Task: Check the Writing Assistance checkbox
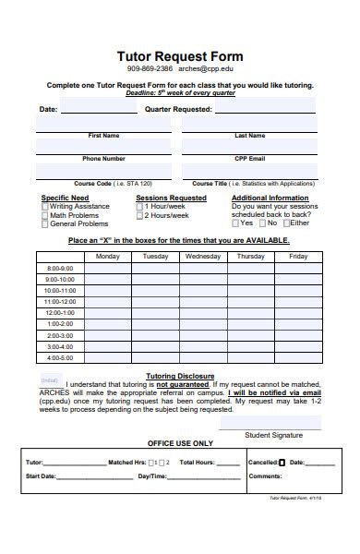point(45,207)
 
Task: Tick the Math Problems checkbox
point(45,215)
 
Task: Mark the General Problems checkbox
point(45,223)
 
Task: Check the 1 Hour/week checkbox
point(139,207)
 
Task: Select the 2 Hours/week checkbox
point(139,215)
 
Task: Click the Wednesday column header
point(203,256)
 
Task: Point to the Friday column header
point(297,256)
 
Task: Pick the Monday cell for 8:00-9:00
point(107,268)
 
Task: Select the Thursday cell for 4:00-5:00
point(250,357)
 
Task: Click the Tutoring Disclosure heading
point(181,376)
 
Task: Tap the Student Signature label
point(273,434)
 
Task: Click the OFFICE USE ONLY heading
point(181,443)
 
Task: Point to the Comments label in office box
point(265,476)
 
